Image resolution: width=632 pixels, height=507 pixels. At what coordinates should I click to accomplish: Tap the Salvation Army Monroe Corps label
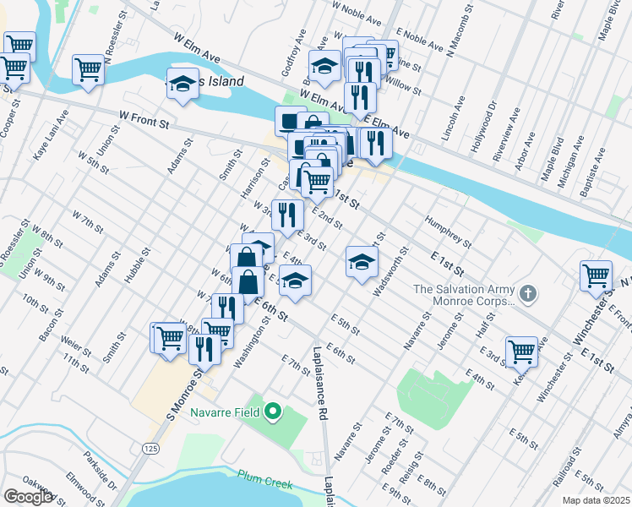(x=464, y=295)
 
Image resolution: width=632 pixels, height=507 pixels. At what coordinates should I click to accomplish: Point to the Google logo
(x=28, y=497)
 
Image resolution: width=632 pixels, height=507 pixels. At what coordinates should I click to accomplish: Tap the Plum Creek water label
(x=264, y=484)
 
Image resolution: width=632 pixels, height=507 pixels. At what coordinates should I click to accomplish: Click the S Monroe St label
(x=186, y=397)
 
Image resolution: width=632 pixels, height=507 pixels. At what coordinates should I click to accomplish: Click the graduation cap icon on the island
(x=182, y=84)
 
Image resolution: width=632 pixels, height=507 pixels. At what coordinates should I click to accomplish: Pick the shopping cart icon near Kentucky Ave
(x=520, y=350)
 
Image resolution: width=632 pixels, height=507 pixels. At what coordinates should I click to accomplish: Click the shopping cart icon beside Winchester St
(x=596, y=275)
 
